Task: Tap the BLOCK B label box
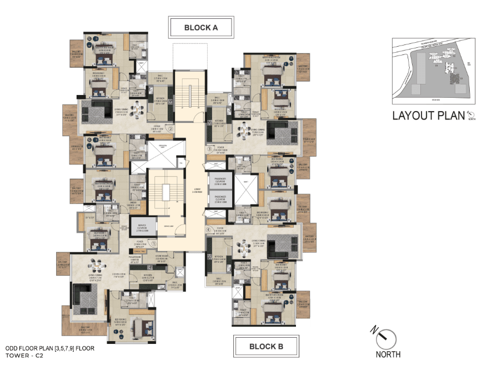(x=266, y=346)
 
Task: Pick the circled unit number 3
(x=209, y=149)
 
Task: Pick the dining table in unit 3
(x=245, y=131)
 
